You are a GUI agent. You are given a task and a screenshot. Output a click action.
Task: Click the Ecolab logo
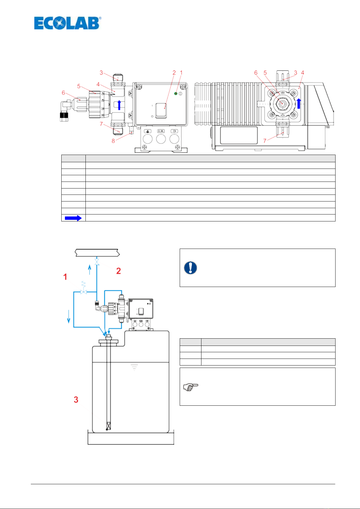(68, 23)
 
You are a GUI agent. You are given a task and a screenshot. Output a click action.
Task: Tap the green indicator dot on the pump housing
(175, 94)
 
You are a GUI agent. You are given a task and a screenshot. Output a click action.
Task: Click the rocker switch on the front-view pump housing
(161, 111)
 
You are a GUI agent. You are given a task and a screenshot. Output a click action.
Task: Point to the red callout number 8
(113, 141)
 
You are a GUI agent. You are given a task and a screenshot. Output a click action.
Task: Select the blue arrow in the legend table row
(73, 218)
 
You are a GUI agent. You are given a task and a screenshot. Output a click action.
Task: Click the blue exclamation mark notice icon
(190, 268)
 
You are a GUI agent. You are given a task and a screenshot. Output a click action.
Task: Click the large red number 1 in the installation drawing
(65, 277)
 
